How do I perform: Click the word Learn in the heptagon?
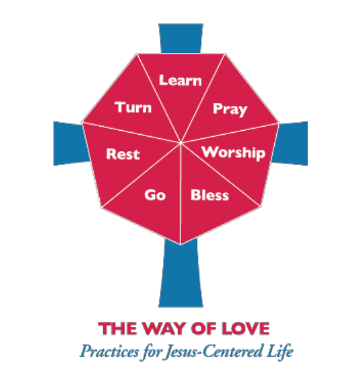tap(180, 80)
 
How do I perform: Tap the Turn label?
tap(133, 107)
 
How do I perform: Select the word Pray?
tap(230, 109)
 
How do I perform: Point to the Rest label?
tap(123, 154)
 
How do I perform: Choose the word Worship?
tap(233, 153)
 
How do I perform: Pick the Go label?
tap(155, 195)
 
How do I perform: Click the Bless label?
tap(210, 195)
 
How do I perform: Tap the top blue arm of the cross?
tap(181, 38)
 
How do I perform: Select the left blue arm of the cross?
tap(70, 143)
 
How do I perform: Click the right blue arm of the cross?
tap(291, 143)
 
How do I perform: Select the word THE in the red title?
tap(117, 328)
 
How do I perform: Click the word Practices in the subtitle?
tap(109, 352)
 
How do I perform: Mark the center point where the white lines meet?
tap(180, 143)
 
